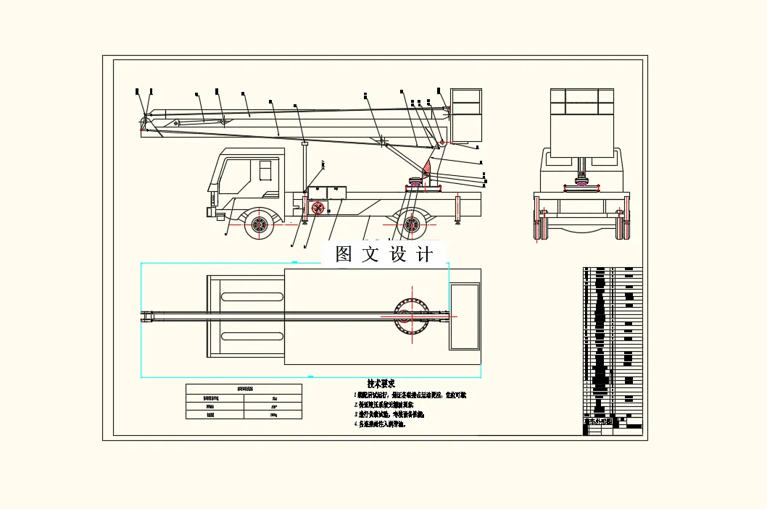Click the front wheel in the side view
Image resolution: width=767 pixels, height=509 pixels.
pos(259,224)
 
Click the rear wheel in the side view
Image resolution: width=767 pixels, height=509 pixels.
pos(412,224)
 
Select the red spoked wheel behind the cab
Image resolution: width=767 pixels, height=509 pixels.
pos(318,209)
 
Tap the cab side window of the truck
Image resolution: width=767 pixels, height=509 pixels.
pos(265,170)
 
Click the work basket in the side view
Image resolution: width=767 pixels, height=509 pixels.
pos(466,114)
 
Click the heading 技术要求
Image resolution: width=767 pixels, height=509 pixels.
pos(381,384)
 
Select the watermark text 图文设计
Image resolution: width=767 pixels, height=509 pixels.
pos(383,254)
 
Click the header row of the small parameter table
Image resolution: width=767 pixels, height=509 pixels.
pos(244,389)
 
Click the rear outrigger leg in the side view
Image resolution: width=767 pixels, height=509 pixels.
pos(458,209)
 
